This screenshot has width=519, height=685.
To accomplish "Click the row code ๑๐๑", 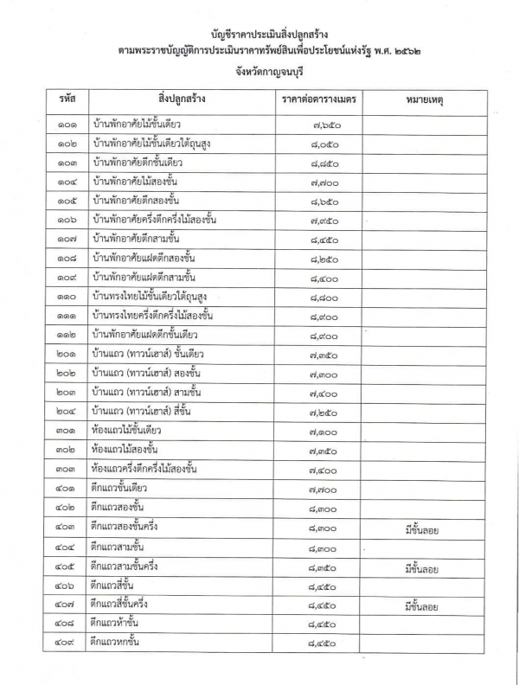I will click(67, 125).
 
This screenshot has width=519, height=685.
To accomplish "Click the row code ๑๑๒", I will click(67, 334).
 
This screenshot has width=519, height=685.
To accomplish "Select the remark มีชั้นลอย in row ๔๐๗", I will click(422, 606).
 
